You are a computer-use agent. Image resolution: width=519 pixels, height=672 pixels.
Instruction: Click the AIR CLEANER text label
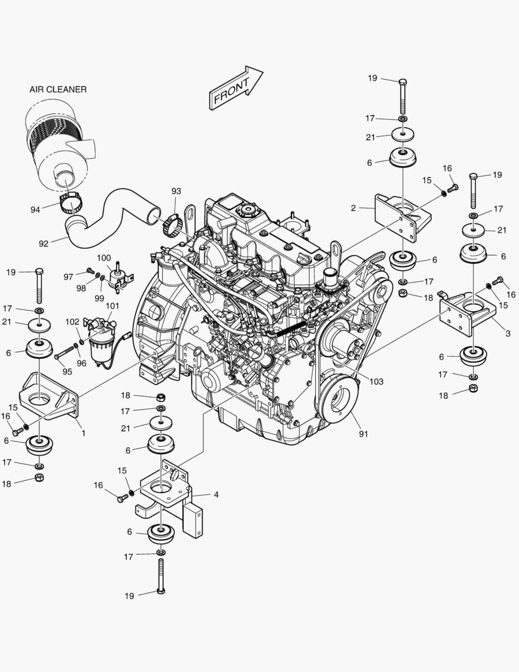click(x=58, y=90)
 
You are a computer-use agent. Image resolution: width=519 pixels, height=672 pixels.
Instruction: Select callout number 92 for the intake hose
click(x=44, y=243)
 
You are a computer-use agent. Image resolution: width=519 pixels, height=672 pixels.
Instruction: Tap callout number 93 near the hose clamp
click(x=176, y=191)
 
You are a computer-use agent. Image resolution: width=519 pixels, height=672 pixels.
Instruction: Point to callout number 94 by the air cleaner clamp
click(x=35, y=210)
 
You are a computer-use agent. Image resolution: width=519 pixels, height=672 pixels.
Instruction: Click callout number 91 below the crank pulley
click(x=363, y=434)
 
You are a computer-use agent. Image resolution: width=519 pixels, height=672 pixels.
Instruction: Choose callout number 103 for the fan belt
click(x=377, y=381)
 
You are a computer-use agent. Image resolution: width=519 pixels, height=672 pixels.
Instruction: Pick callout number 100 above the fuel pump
click(x=104, y=258)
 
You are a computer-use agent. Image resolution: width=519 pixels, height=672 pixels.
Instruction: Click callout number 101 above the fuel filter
click(x=113, y=306)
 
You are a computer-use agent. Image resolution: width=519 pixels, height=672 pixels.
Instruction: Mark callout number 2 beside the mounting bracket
click(x=353, y=208)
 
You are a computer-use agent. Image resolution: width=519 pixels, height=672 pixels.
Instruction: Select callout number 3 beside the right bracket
click(x=508, y=334)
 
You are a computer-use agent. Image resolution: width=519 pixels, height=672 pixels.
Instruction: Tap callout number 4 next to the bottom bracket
click(x=216, y=495)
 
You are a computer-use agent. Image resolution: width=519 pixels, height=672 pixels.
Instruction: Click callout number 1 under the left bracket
click(x=83, y=433)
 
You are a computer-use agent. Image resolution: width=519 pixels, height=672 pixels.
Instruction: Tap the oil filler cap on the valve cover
click(x=247, y=210)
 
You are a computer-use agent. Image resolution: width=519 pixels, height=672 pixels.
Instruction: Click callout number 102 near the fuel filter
click(x=72, y=322)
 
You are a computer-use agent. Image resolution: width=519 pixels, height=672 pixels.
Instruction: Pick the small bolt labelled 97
click(x=90, y=271)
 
